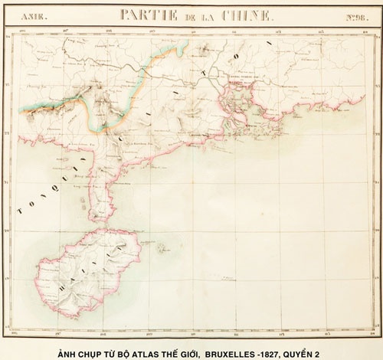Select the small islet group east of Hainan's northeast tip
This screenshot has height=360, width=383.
pos(163,247)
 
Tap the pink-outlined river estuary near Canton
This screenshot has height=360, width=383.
pos(230,103)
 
